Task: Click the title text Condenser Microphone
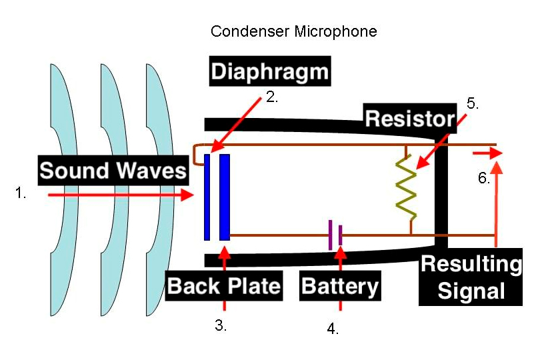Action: coord(293,31)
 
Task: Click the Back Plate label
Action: coord(224,286)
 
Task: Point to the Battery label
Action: coord(340,286)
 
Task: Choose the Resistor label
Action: coord(409,119)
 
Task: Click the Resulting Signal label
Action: coord(471,277)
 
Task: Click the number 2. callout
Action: coord(271,97)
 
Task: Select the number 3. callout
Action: coord(221,326)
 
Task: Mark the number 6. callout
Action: coord(484,178)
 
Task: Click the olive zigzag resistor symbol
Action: coord(407,189)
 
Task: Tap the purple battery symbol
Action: coord(335,235)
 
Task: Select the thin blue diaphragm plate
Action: coord(207,197)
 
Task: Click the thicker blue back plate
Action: coord(225,197)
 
